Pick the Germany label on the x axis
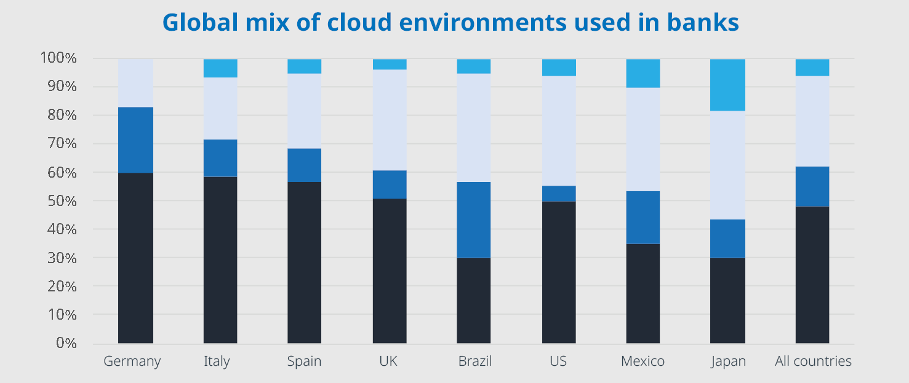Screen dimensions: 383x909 (x=132, y=361)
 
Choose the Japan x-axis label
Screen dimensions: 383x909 (x=728, y=361)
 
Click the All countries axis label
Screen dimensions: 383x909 (x=813, y=361)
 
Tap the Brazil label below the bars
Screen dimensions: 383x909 (x=475, y=361)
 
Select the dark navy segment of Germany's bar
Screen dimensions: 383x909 (x=135, y=258)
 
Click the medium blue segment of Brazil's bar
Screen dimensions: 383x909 (x=474, y=219)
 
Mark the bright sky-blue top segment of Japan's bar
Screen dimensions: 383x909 (x=728, y=85)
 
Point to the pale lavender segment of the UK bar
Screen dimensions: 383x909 (x=390, y=120)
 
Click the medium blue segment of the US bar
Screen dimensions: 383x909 (x=559, y=194)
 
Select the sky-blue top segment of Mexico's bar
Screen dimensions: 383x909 (x=643, y=73)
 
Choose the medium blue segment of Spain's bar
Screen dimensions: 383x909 (x=305, y=165)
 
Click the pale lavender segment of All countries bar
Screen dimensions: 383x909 (x=812, y=121)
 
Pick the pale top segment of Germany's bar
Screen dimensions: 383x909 (x=135, y=82)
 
